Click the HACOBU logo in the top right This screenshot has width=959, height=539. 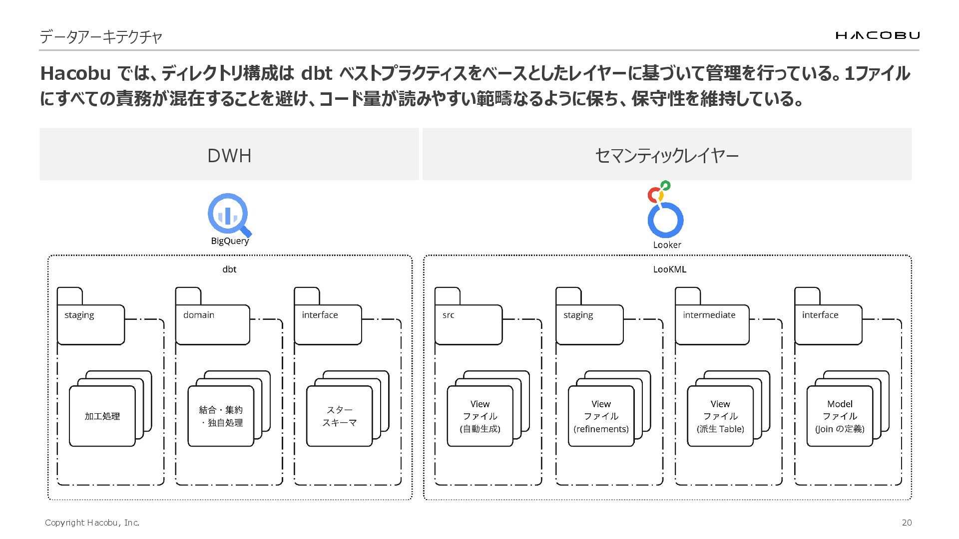[x=877, y=35]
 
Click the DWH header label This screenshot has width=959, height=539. [x=229, y=156]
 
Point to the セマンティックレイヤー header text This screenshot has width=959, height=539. [x=666, y=156]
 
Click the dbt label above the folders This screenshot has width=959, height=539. [x=229, y=269]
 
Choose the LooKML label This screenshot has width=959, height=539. [x=669, y=269]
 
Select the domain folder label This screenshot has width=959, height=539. [x=199, y=315]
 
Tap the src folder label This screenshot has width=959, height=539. [x=448, y=315]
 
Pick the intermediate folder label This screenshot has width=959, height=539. [x=709, y=315]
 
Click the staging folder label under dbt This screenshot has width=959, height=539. [x=79, y=315]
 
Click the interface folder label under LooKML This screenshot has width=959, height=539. [x=820, y=315]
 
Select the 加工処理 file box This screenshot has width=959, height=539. [x=102, y=416]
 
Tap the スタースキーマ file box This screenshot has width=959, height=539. [x=340, y=416]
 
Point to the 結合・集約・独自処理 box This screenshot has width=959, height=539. [x=221, y=416]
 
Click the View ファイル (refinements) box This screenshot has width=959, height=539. [x=601, y=416]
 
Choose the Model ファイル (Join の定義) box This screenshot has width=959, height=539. [x=840, y=416]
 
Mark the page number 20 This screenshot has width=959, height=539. [x=907, y=523]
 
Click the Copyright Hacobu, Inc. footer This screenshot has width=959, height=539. [x=92, y=523]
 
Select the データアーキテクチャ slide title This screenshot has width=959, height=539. [x=101, y=37]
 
